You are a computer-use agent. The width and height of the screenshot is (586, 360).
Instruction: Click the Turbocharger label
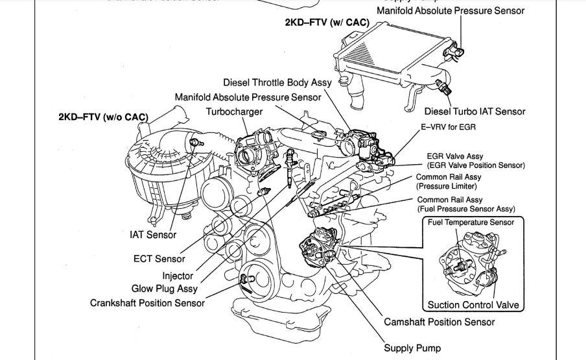tap(234, 112)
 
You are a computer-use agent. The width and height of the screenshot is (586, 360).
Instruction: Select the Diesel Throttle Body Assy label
tap(277, 83)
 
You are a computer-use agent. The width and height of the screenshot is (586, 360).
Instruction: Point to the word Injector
tap(178, 276)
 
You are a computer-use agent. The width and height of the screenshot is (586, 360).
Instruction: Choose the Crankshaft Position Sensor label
tap(148, 302)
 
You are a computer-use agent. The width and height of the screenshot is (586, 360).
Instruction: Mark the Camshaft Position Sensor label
tap(439, 322)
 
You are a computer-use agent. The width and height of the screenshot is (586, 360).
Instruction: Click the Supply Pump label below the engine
tap(412, 348)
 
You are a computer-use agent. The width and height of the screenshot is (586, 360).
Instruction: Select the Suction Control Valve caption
tap(473, 305)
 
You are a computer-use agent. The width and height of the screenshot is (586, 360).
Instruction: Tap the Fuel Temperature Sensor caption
tap(471, 222)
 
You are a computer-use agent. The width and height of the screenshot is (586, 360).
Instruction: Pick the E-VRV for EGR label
tap(449, 127)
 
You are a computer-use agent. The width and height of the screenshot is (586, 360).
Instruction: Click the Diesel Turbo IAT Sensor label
tap(475, 112)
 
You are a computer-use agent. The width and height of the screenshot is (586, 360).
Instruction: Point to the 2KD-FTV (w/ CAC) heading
tap(327, 23)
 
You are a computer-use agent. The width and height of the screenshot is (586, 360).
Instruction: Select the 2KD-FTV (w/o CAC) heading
tap(104, 117)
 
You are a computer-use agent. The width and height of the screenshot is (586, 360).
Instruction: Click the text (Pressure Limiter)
tap(446, 186)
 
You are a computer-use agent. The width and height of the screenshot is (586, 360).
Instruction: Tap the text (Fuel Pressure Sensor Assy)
tap(466, 209)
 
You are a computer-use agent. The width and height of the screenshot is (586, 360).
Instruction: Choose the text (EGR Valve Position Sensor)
tap(476, 165)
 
